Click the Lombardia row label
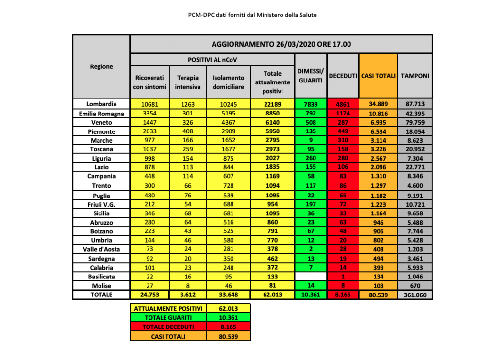pos(101,104)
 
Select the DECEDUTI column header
pos(343,76)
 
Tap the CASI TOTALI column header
pos(378,76)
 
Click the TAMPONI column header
pos(414,76)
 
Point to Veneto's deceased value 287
pos(343,122)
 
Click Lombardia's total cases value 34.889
pos(378,104)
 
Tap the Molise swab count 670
pos(414,286)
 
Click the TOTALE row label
pos(101,295)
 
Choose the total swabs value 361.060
pos(414,295)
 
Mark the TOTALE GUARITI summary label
pos(168,317)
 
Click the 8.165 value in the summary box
pos(228,327)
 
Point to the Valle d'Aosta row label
pos(101,249)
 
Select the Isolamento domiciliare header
pos(229,82)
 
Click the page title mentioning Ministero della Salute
pos(252,15)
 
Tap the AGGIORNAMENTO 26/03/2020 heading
pos(281,44)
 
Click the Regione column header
pos(101,66)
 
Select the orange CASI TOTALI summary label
pos(168,336)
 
